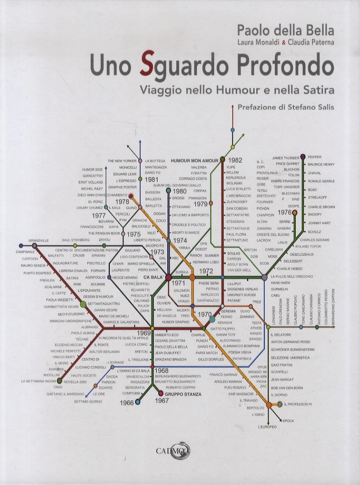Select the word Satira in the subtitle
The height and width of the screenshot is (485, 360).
[318, 89]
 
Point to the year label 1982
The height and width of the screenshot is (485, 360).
[237, 160]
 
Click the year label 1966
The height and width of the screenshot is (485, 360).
[127, 402]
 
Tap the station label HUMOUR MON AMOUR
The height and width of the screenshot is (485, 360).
[195, 160]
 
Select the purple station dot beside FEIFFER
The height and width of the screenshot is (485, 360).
[303, 156]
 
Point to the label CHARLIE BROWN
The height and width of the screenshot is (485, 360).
[321, 207]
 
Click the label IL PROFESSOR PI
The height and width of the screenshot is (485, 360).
[298, 404]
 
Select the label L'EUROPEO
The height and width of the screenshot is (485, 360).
[267, 427]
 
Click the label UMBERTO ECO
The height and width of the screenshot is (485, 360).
[167, 335]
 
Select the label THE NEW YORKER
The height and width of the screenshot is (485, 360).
[122, 161]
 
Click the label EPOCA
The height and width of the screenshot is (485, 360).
[288, 420]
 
